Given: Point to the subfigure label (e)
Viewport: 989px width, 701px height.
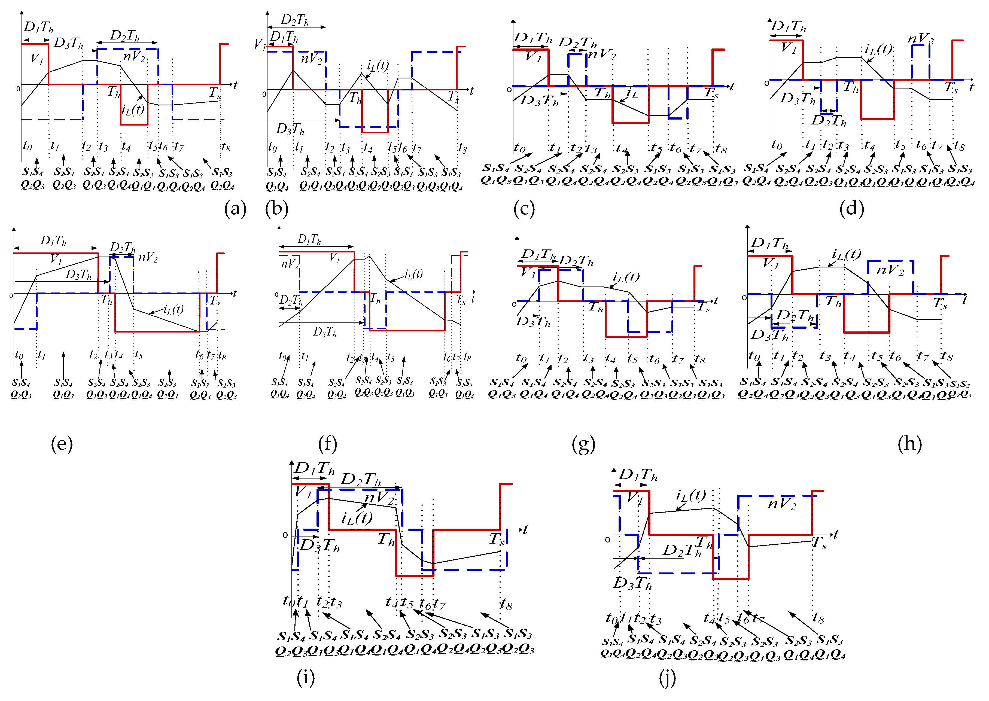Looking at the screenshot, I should (62, 444).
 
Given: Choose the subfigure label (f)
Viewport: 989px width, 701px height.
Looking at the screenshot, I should (328, 444).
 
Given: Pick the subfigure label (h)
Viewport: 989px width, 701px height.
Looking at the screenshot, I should (909, 444).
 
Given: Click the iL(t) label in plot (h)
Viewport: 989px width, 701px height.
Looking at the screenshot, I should (846, 254).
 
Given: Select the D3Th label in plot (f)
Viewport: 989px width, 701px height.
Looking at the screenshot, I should (325, 332).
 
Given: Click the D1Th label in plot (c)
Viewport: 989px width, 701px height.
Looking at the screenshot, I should (533, 38).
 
